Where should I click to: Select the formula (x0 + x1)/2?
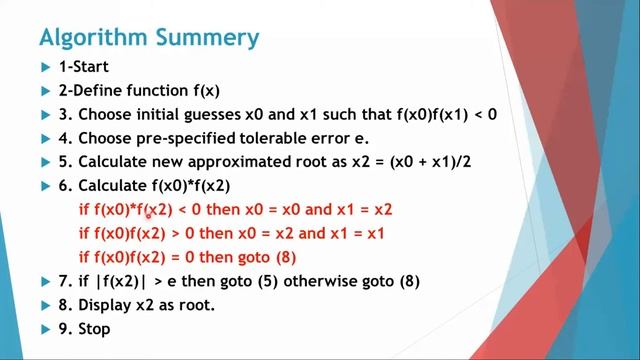click(434, 162)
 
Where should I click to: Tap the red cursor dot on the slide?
click(149, 212)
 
